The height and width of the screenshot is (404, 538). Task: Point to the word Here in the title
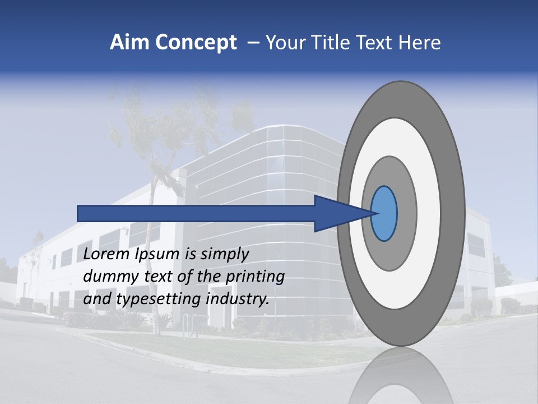(419, 43)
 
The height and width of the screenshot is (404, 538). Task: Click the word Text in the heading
(375, 43)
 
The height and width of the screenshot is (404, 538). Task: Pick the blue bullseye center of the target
(384, 213)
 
